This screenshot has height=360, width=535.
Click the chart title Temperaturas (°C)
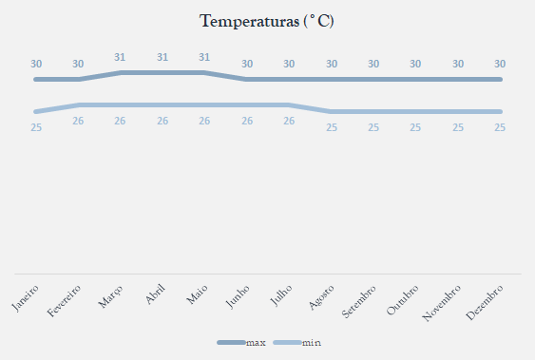(266, 22)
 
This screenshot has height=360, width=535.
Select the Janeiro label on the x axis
(26, 298)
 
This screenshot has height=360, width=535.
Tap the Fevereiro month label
(64, 301)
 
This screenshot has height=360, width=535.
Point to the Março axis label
(110, 297)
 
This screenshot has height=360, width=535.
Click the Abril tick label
(155, 294)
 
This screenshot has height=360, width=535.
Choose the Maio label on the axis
(197, 294)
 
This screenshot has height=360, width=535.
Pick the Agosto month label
(321, 297)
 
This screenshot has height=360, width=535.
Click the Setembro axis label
(358, 302)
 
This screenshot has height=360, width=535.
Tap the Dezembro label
(485, 303)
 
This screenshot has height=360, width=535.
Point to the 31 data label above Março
(120, 57)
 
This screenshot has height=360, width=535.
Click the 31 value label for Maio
(204, 57)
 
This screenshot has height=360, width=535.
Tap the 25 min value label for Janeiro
(36, 127)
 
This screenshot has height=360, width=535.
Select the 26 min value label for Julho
(289, 121)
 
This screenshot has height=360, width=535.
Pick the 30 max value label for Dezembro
(500, 64)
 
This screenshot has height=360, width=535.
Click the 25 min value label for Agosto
(332, 127)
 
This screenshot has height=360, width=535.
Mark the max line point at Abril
(162, 72)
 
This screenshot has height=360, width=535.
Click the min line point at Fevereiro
(78, 105)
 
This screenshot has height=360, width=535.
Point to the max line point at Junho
(247, 80)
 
